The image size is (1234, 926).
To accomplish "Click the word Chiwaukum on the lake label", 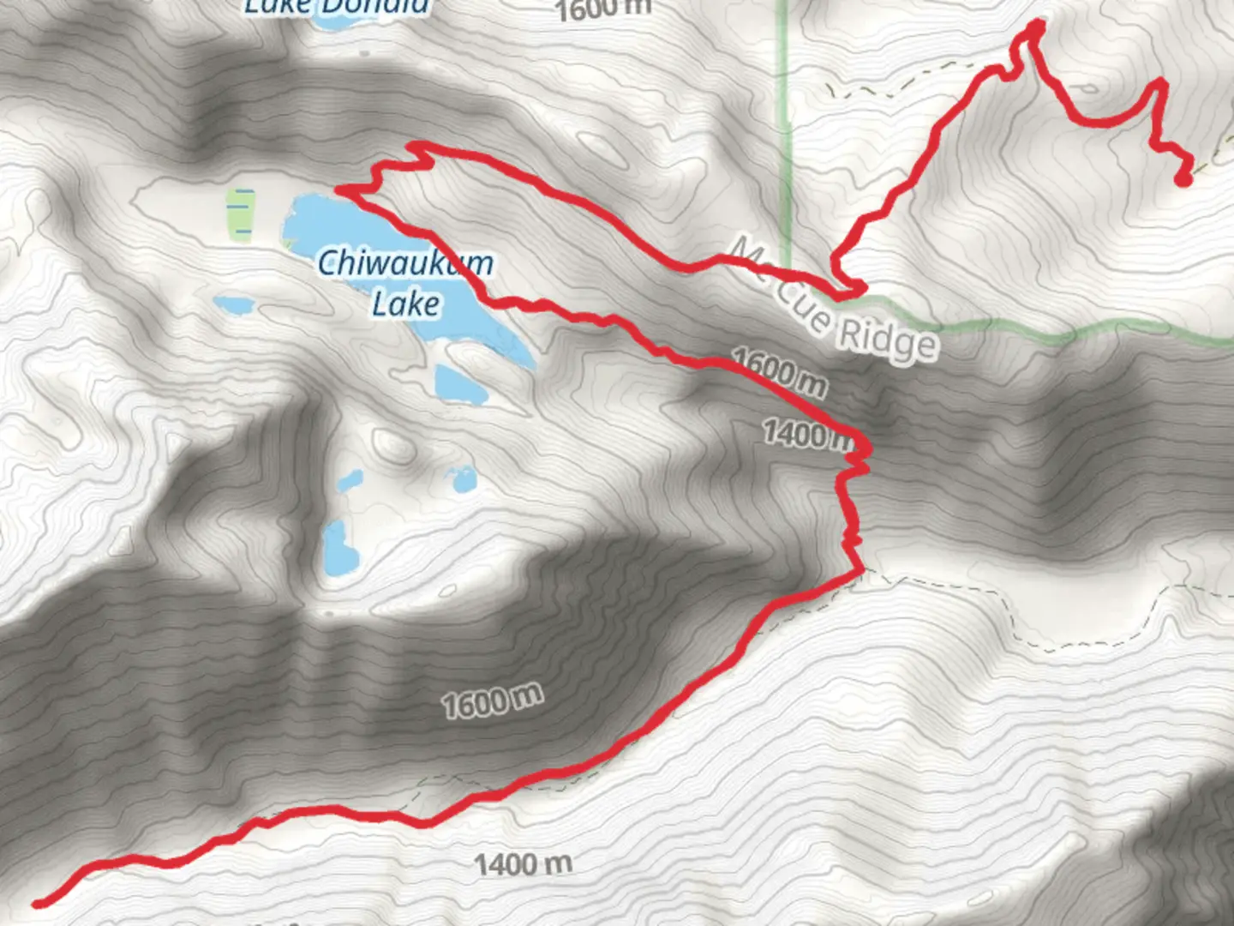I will click(405, 263).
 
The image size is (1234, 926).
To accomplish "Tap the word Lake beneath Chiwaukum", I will click(406, 304).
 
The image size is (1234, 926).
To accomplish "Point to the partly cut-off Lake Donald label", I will click(336, 8).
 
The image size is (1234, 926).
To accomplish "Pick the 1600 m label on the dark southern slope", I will click(492, 701).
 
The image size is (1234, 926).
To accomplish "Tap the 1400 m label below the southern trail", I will click(523, 863).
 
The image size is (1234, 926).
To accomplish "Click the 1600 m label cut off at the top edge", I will click(603, 9).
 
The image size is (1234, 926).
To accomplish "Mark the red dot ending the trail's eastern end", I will click(1183, 179).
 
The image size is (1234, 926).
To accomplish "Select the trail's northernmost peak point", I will click(1037, 23).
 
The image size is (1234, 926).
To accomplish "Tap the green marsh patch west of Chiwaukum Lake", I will click(241, 214).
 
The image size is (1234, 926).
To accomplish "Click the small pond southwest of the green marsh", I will click(233, 304).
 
